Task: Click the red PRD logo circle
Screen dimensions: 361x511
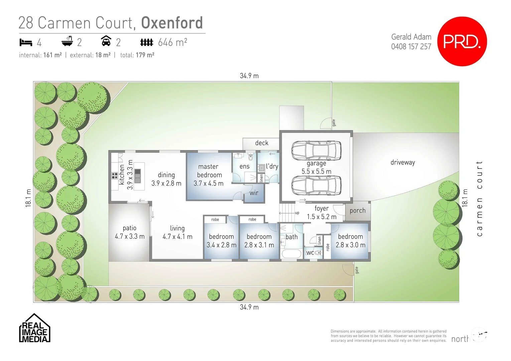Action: [x=462, y=41]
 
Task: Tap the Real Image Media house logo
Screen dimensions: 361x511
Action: [x=34, y=329]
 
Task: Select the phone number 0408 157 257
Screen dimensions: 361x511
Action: [x=411, y=46]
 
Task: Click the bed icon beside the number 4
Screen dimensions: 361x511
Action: [x=25, y=42]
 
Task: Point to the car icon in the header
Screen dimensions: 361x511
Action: [x=106, y=41]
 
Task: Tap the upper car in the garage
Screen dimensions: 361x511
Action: [x=316, y=150]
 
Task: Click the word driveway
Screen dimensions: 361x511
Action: [x=403, y=162]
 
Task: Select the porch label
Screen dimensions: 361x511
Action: [x=358, y=211]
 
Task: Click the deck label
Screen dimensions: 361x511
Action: [x=262, y=143]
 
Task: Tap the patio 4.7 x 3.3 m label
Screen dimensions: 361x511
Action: [x=130, y=232]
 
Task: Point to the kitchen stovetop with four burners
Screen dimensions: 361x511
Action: [x=115, y=175]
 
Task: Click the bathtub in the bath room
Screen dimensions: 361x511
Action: [x=291, y=253]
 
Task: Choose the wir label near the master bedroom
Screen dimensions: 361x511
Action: [x=254, y=193]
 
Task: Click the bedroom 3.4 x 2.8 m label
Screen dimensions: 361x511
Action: [x=221, y=241]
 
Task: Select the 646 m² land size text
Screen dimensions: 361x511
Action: [x=172, y=42]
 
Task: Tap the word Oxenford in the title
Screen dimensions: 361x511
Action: [x=172, y=23]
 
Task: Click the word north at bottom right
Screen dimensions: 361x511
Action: [x=460, y=339]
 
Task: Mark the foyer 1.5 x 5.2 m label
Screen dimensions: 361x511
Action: [x=322, y=213]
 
